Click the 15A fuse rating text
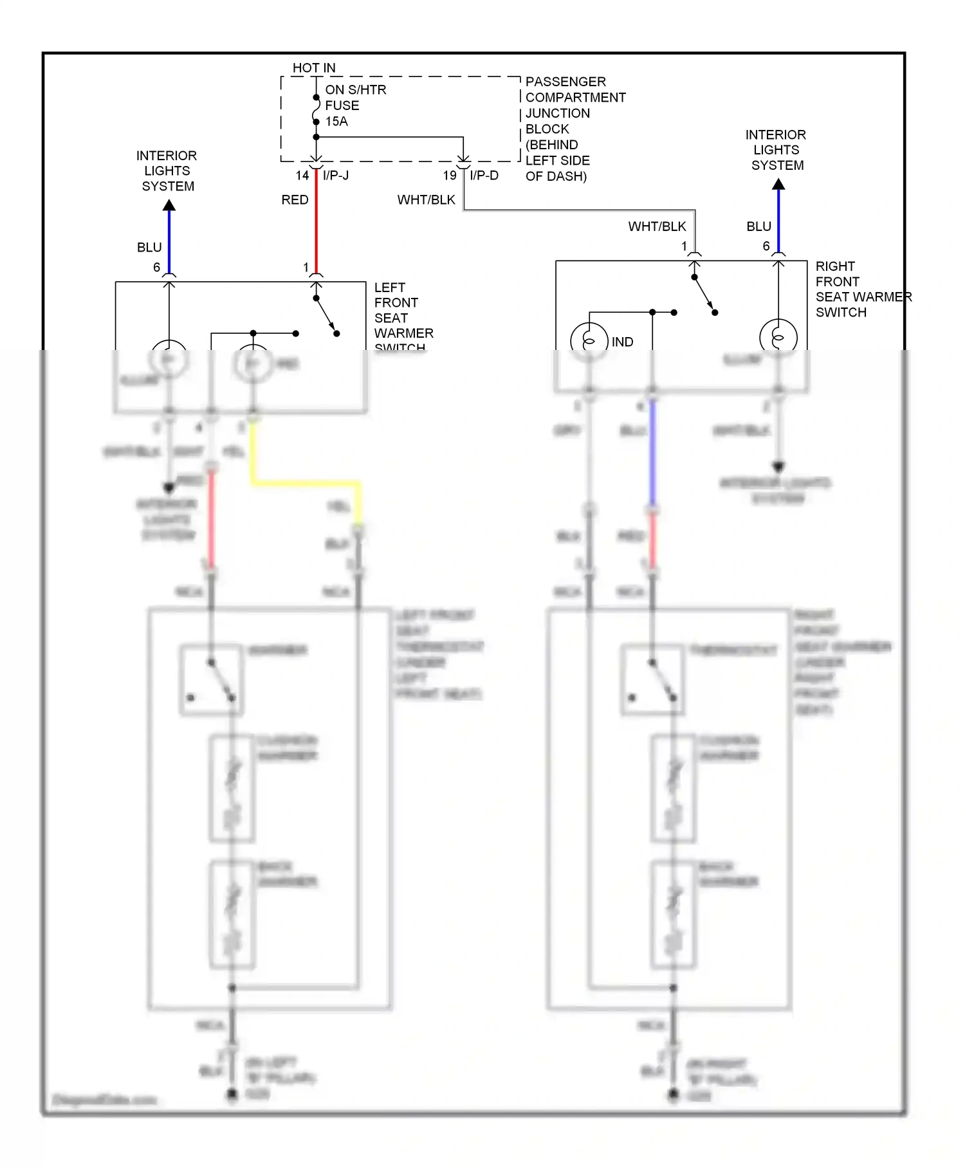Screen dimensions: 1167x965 336,122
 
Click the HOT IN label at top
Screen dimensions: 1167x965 314,68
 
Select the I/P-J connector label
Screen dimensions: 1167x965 336,176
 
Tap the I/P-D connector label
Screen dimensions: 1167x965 484,176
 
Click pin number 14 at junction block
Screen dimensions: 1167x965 302,176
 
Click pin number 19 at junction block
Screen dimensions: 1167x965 450,176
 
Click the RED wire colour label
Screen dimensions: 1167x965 295,200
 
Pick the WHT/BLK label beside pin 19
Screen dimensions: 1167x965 426,200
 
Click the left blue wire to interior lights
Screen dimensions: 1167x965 169,241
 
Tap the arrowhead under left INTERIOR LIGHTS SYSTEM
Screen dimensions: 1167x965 169,205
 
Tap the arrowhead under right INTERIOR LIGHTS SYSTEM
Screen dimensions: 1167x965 778,184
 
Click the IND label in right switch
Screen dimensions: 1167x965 622,342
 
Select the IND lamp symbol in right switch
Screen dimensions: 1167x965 589,338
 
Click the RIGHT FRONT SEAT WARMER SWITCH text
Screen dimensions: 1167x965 862,289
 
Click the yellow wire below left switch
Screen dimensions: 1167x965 306,482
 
